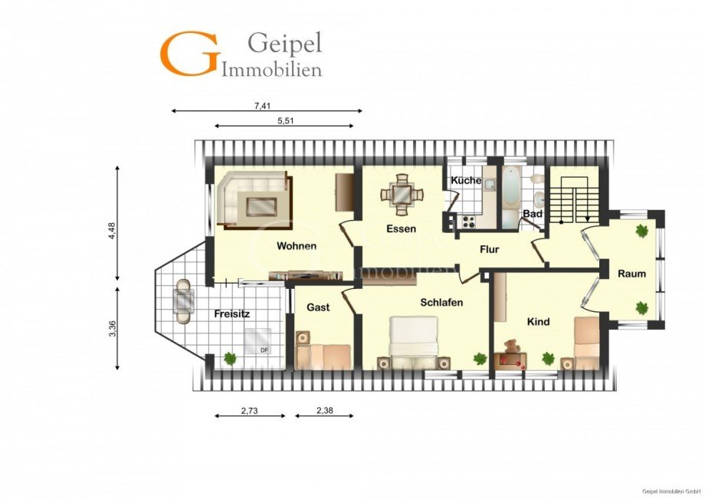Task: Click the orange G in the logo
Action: pyautogui.click(x=189, y=53)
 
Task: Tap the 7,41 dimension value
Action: pyautogui.click(x=262, y=106)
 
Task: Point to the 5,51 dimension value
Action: pyautogui.click(x=286, y=120)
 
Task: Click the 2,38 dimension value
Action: pyautogui.click(x=325, y=410)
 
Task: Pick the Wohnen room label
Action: pyautogui.click(x=297, y=246)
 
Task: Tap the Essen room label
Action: pyautogui.click(x=401, y=228)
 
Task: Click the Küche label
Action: pyautogui.click(x=466, y=180)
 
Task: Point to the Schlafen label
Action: pyautogui.click(x=441, y=302)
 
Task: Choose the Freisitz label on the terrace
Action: pyautogui.click(x=231, y=314)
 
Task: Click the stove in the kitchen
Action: pyautogui.click(x=469, y=222)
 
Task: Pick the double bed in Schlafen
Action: pyautogui.click(x=414, y=343)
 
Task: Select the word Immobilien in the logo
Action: pyautogui.click(x=272, y=70)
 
